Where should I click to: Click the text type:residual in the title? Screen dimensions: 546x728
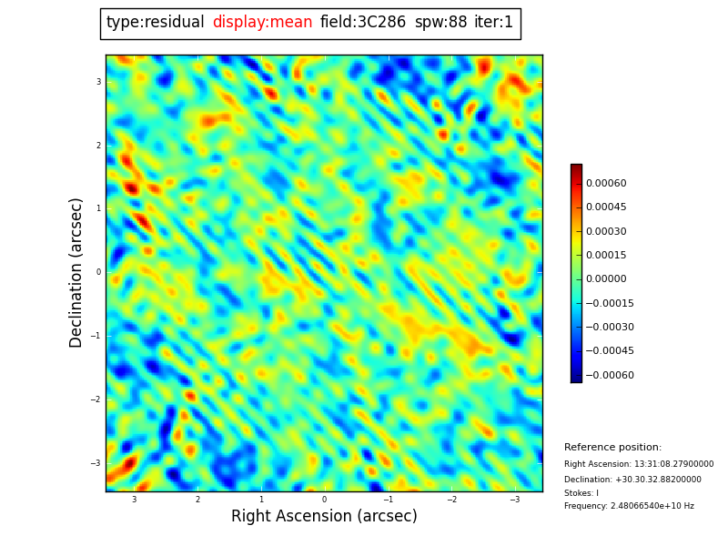(x=155, y=23)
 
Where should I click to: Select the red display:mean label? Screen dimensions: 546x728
(x=262, y=23)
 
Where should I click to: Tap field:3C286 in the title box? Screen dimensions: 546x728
(x=363, y=23)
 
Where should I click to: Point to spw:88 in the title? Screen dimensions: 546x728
(x=440, y=23)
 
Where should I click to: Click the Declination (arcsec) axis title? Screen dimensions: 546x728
(x=76, y=272)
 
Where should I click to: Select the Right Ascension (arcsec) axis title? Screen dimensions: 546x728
(x=324, y=517)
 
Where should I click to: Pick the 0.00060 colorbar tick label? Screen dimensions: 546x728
(x=605, y=184)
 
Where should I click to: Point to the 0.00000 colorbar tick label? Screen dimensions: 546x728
(x=605, y=279)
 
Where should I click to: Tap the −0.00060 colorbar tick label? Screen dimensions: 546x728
(x=609, y=375)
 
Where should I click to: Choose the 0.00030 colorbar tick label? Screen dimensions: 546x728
(x=605, y=232)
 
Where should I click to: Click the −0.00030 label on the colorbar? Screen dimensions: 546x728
(x=609, y=328)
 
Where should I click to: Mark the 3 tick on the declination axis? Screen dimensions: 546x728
(x=97, y=82)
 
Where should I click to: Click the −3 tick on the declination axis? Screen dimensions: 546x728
(x=96, y=463)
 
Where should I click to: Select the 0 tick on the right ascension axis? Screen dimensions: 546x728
(x=324, y=500)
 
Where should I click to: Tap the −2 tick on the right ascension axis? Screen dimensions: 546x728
(x=450, y=500)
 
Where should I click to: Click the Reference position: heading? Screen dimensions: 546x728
(x=612, y=448)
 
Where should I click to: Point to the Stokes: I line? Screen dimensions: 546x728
(x=581, y=493)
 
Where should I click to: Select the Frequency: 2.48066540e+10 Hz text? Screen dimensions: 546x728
(x=629, y=506)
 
